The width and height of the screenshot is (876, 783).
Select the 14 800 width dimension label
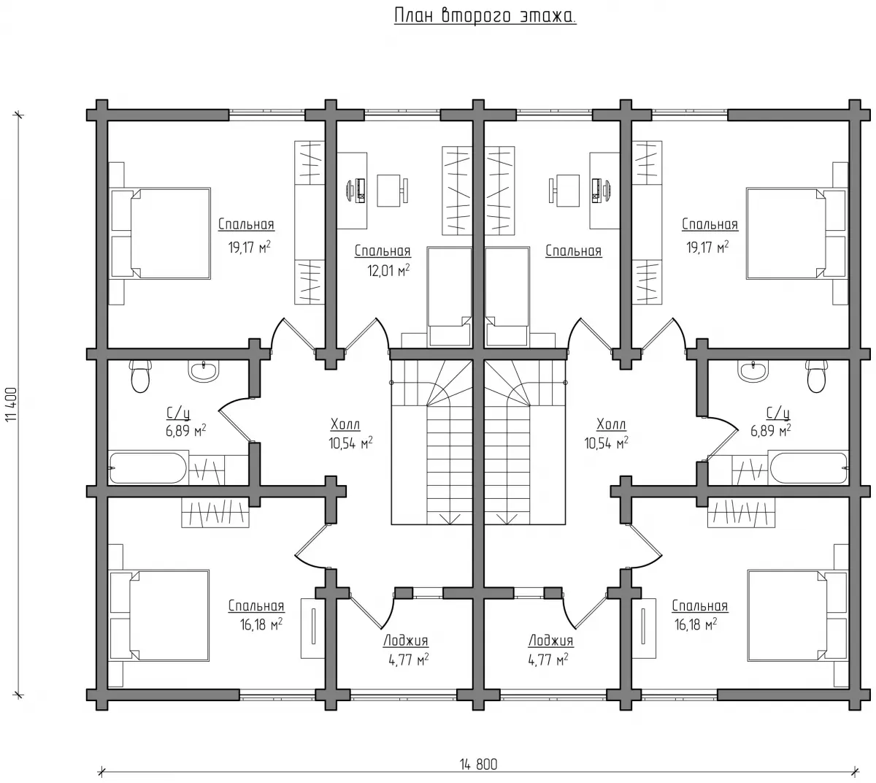pyautogui.click(x=479, y=765)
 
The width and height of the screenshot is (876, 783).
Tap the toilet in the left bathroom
pyautogui.click(x=140, y=376)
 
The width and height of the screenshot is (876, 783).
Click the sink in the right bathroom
pyautogui.click(x=755, y=372)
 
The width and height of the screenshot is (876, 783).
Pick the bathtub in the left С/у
pyautogui.click(x=148, y=468)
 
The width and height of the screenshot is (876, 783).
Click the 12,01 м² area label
pyautogui.click(x=388, y=270)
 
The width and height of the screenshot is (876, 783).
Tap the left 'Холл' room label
pyautogui.click(x=345, y=425)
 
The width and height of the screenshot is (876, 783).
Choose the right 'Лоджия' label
pyautogui.click(x=551, y=641)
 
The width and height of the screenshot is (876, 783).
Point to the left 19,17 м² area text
pyautogui.click(x=250, y=247)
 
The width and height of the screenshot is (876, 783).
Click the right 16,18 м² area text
pyautogui.click(x=696, y=625)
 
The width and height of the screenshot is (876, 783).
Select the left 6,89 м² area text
pyautogui.click(x=185, y=431)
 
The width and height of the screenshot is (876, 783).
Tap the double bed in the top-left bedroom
pyautogui.click(x=160, y=233)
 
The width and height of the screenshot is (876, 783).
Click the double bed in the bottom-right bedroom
pyautogui.click(x=798, y=616)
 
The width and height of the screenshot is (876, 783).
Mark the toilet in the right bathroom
pyautogui.click(x=816, y=376)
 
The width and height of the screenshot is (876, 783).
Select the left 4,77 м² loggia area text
pyautogui.click(x=408, y=660)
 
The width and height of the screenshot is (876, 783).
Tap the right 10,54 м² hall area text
pyautogui.click(x=606, y=443)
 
